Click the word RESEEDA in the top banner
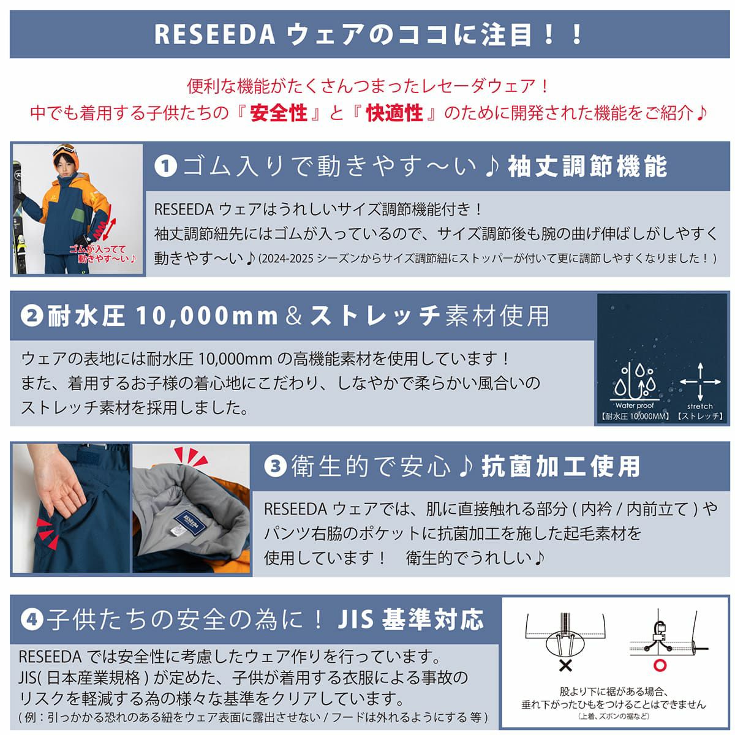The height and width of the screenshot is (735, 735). point(214,34)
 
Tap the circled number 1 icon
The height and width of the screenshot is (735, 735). point(166,167)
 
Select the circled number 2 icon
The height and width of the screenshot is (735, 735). point(32,315)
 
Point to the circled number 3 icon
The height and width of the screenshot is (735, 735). point(276,466)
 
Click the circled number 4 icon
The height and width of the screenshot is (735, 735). point(32,620)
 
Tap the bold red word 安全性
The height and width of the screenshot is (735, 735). point(279,113)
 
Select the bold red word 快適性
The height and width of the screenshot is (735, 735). point(394,113)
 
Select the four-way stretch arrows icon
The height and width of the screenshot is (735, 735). point(700,382)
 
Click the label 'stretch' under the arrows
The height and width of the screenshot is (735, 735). point(700,406)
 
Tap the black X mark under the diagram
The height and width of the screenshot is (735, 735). point(565,666)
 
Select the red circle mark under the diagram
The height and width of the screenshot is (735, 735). point(660,665)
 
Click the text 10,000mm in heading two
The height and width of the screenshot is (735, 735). point(207,316)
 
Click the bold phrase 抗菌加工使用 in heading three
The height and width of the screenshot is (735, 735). point(560,466)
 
